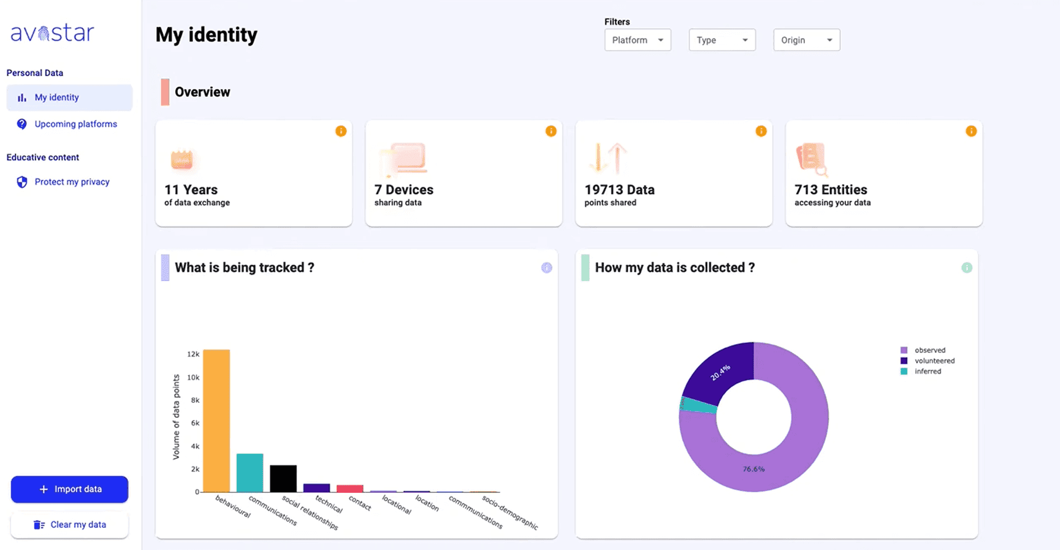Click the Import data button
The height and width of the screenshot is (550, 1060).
pos(69,489)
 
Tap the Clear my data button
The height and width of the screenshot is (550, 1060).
pos(69,524)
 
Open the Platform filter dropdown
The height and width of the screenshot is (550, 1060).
pos(638,40)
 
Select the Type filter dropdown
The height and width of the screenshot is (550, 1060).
pos(722,40)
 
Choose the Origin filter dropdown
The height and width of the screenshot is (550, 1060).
pos(807,40)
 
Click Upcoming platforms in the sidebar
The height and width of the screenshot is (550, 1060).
pos(76,124)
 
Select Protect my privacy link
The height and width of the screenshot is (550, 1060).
pos(72,182)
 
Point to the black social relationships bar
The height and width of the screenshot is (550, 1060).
pos(283,478)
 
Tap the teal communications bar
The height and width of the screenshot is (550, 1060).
pos(250,473)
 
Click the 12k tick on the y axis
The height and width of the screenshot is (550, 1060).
pos(193,354)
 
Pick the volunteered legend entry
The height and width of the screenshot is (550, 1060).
pos(934,361)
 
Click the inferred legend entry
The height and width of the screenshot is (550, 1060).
pos(927,371)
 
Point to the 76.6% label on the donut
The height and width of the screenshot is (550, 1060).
pos(754,469)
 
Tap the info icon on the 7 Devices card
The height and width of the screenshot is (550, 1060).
pos(551,131)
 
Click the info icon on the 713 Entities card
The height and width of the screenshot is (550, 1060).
pos(971,131)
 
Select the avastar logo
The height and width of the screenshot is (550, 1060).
pos(52,33)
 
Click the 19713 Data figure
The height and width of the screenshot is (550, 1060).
pos(619,190)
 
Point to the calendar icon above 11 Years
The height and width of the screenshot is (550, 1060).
pos(182,159)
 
